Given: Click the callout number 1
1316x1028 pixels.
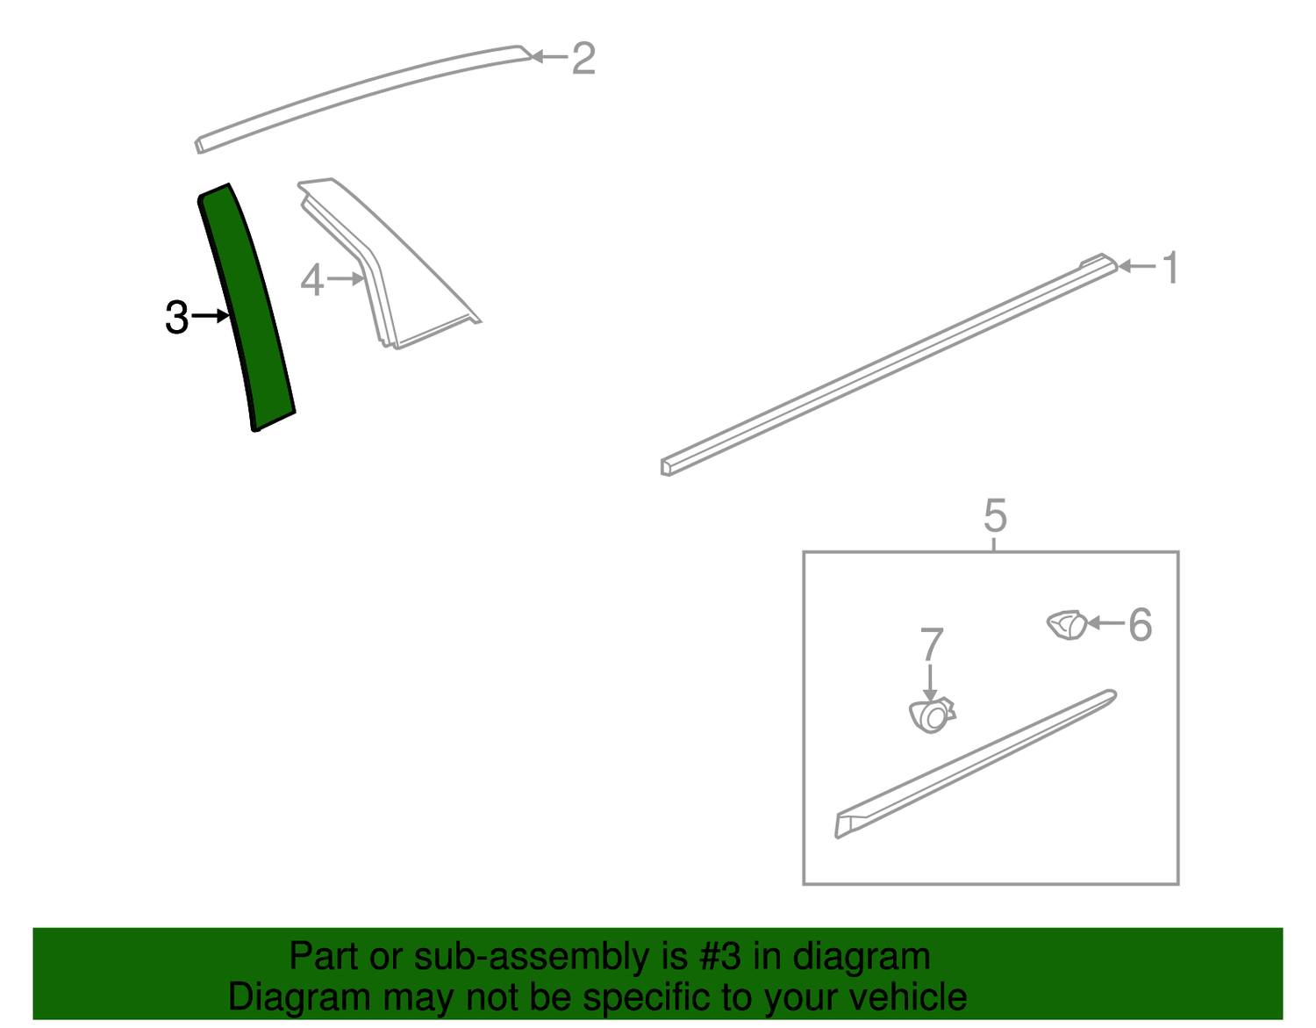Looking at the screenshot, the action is coord(1171,267).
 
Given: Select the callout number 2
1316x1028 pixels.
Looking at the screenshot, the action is coord(583,59).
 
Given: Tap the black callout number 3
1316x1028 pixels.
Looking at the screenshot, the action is coord(177,317).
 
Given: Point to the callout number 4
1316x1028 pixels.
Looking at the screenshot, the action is coord(312,280).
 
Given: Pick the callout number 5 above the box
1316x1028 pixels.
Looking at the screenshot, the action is coord(995,515).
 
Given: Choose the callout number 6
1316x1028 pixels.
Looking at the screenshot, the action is coord(1141,624).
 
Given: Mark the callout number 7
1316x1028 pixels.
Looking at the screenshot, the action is coord(932,644).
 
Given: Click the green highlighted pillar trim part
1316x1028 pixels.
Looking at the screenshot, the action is coord(247,306).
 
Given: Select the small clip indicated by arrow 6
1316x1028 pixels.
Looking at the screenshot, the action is coord(1067,625).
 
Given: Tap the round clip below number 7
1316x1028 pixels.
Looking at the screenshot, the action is coord(932,715).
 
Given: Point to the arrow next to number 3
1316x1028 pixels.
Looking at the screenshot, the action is coord(211,316).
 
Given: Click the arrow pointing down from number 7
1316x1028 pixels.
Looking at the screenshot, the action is coord(931,683).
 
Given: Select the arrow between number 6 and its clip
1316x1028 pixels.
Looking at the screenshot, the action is coord(1106,622).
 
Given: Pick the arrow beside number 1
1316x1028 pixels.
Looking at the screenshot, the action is coord(1138,266).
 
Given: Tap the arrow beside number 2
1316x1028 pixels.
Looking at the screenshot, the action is coord(549,57).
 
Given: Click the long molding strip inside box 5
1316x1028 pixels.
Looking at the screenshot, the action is coord(976,764).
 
